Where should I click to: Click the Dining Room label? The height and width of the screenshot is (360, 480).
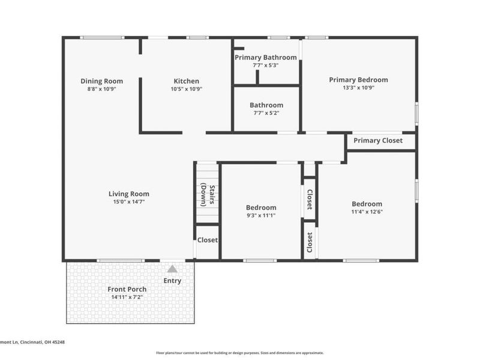(x=102, y=81)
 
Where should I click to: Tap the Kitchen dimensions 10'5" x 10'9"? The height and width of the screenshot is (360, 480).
(x=186, y=89)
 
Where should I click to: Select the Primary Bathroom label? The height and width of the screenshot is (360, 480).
(x=266, y=58)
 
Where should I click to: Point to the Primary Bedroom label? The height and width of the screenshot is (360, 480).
(x=358, y=80)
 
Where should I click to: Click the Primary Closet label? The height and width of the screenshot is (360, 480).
(x=377, y=141)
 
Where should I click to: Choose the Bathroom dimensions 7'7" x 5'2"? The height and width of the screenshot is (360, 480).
(x=266, y=113)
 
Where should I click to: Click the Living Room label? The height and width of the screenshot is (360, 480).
(x=129, y=194)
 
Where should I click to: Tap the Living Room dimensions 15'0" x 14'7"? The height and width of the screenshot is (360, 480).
(x=129, y=202)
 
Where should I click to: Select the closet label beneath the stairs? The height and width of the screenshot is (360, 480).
(x=208, y=240)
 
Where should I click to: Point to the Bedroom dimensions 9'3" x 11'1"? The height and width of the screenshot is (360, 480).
(x=261, y=215)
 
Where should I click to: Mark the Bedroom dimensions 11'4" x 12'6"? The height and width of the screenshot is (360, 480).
(x=367, y=212)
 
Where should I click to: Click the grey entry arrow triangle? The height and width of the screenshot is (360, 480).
(x=172, y=269)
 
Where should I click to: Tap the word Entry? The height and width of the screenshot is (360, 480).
(x=172, y=281)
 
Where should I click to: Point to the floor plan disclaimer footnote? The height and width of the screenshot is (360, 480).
(x=240, y=353)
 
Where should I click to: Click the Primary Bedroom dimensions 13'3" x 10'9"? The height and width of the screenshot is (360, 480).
(x=358, y=88)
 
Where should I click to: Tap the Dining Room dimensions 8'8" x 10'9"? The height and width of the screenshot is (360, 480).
(x=102, y=89)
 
